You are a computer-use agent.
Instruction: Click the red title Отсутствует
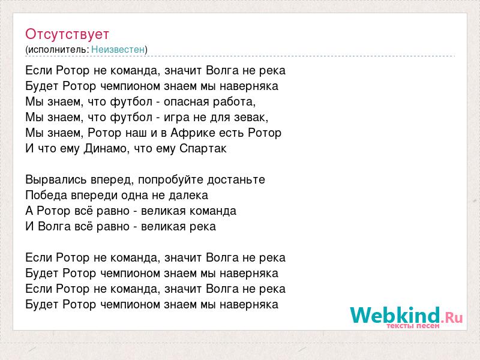tap(67, 34)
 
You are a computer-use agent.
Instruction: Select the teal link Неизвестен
tap(118, 49)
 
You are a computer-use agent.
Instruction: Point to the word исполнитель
tap(58, 50)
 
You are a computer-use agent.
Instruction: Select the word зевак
tap(251, 117)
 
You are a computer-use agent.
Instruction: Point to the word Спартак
tap(203, 149)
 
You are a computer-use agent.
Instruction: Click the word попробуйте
tap(171, 179)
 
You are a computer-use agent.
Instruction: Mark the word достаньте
tap(236, 179)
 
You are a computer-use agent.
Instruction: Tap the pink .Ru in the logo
tap(452, 317)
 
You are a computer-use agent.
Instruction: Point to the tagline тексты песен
tap(413, 326)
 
